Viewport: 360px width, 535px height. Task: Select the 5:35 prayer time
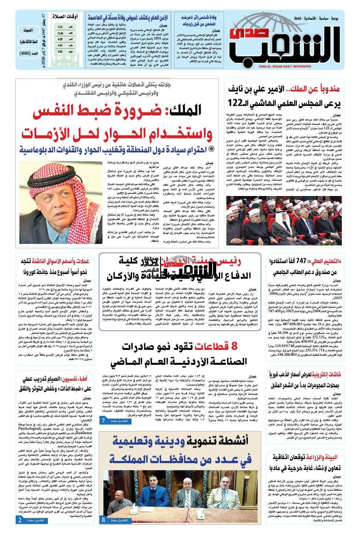[x=60, y=27]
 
